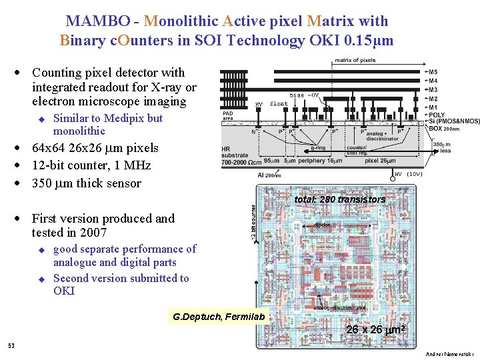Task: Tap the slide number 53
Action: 11,345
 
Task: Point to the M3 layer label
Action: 433,89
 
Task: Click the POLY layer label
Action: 437,115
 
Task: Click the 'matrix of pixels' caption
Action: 355,61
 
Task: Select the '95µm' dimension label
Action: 271,161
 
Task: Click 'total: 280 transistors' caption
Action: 340,199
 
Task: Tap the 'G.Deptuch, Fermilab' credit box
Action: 219,316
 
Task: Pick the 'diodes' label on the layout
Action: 323,225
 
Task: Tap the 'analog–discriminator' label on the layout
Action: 340,308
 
